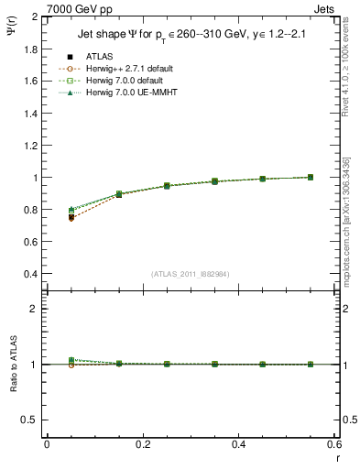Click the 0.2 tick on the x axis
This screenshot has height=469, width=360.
click(x=142, y=444)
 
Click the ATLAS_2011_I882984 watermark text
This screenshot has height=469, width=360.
click(x=191, y=274)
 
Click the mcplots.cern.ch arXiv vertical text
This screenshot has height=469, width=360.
click(x=351, y=215)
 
